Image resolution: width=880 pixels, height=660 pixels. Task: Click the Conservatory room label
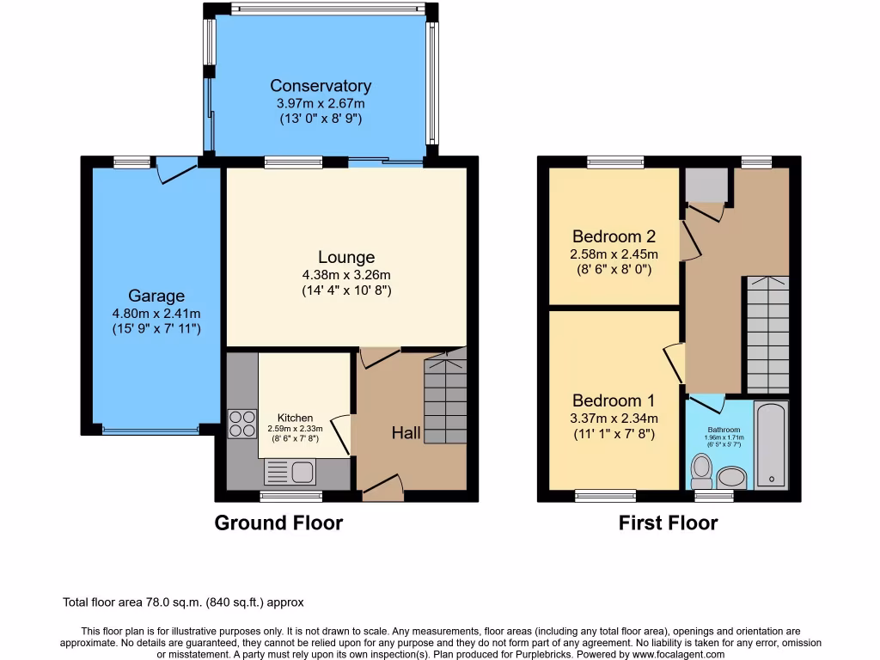(321, 86)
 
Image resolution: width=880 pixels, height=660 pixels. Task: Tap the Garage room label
(156, 296)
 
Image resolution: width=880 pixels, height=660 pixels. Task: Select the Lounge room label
(346, 257)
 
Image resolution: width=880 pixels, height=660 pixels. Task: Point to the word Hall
(406, 432)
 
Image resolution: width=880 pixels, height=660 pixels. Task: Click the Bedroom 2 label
(614, 236)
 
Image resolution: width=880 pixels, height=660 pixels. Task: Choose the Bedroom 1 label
(614, 400)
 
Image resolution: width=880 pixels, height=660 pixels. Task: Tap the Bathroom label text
(724, 430)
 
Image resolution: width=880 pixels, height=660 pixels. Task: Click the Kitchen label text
(295, 418)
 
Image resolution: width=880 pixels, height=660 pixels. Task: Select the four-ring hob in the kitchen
(242, 423)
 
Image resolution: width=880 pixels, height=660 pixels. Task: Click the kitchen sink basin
(302, 472)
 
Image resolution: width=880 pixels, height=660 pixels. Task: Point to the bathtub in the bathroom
(771, 444)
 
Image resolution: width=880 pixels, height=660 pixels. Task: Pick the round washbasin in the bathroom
(732, 476)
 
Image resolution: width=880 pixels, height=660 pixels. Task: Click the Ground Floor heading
(278, 522)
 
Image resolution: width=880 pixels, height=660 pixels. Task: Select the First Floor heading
(668, 522)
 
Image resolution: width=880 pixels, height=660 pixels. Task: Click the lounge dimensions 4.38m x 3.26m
(346, 275)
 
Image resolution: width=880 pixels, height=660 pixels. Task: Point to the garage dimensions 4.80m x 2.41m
(156, 314)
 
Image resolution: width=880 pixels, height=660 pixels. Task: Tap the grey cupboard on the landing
(706, 185)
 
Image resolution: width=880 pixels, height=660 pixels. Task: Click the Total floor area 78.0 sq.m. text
(183, 602)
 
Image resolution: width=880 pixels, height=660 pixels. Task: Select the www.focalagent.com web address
(679, 654)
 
